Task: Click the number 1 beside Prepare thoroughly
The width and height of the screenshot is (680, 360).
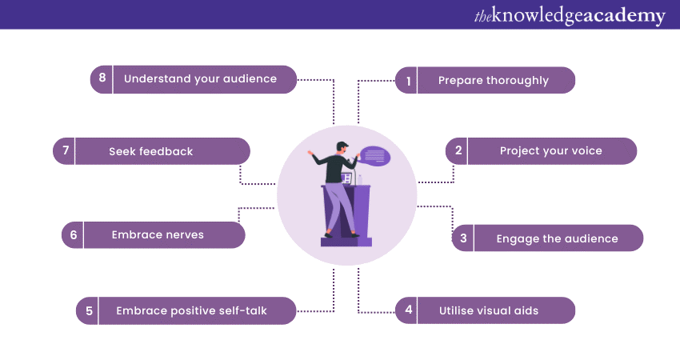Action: (408, 81)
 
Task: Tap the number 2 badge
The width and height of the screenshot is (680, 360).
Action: (458, 150)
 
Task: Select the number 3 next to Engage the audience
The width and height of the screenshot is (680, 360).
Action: (463, 238)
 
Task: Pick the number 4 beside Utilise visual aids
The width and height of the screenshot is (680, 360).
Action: (408, 310)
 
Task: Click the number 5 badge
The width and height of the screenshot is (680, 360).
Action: (89, 310)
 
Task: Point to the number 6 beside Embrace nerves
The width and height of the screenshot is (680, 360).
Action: (74, 235)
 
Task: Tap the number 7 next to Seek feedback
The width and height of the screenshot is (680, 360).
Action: (65, 151)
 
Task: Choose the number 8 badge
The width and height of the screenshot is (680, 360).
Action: (102, 78)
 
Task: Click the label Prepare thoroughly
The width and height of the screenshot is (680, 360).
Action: (493, 81)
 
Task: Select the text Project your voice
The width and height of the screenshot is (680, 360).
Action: (550, 150)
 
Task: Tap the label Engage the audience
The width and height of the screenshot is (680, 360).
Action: (557, 238)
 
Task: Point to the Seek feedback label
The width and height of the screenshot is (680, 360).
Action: (150, 151)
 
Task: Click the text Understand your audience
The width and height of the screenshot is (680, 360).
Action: (200, 78)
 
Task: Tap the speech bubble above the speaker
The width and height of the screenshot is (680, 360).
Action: (375, 156)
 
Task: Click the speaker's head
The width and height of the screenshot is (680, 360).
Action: (342, 147)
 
